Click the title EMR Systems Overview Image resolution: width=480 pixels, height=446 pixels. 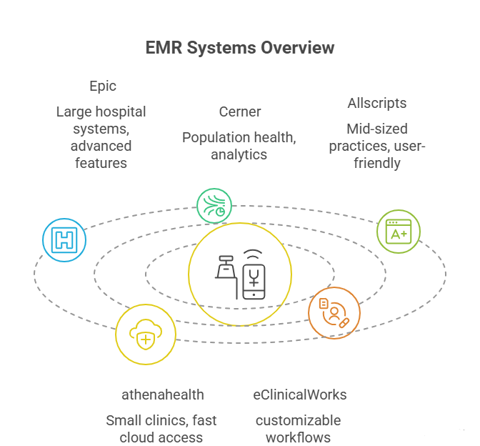click(x=240, y=48)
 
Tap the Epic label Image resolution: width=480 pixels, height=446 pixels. click(x=102, y=86)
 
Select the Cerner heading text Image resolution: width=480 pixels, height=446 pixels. click(x=240, y=111)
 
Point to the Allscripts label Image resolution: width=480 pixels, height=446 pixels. click(x=376, y=103)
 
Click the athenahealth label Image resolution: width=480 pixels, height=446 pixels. click(x=161, y=395)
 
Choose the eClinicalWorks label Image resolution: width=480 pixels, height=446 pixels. click(x=299, y=395)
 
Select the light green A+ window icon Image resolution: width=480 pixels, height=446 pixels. click(x=398, y=232)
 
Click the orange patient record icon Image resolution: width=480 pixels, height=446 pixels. click(x=334, y=312)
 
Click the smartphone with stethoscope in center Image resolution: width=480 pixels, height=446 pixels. click(x=255, y=274)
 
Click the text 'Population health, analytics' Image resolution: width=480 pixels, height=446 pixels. click(x=239, y=145)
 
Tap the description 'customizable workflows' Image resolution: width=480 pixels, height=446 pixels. click(x=299, y=428)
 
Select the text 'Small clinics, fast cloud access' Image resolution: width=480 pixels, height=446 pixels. click(x=161, y=428)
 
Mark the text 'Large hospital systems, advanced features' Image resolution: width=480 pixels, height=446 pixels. click(x=101, y=137)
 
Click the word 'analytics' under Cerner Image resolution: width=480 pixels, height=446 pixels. click(x=239, y=154)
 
